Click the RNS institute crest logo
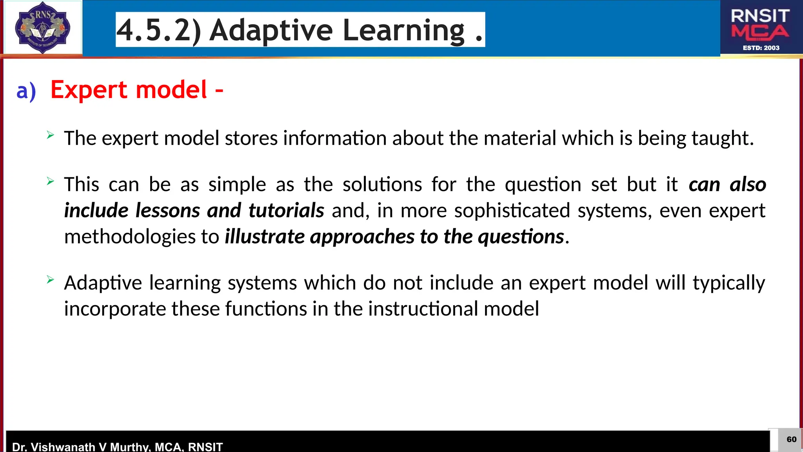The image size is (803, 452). tap(42, 27)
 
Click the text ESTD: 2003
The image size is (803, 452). tap(761, 48)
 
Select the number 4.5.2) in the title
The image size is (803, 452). tap(159, 30)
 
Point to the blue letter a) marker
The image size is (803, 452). tap(26, 91)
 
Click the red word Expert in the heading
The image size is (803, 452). tap(89, 90)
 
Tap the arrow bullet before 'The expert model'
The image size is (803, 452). tap(50, 135)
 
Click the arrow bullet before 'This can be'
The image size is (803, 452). tap(50, 181)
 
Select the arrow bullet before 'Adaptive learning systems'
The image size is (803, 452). tap(50, 280)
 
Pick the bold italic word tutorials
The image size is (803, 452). tap(286, 211)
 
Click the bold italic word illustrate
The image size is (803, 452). tap(265, 237)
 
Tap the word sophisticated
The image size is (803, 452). tap(512, 211)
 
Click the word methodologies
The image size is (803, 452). tap(130, 237)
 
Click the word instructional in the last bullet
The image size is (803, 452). tap(423, 309)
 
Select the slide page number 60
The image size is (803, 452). tap(791, 439)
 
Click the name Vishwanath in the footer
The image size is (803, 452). tap(62, 447)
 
